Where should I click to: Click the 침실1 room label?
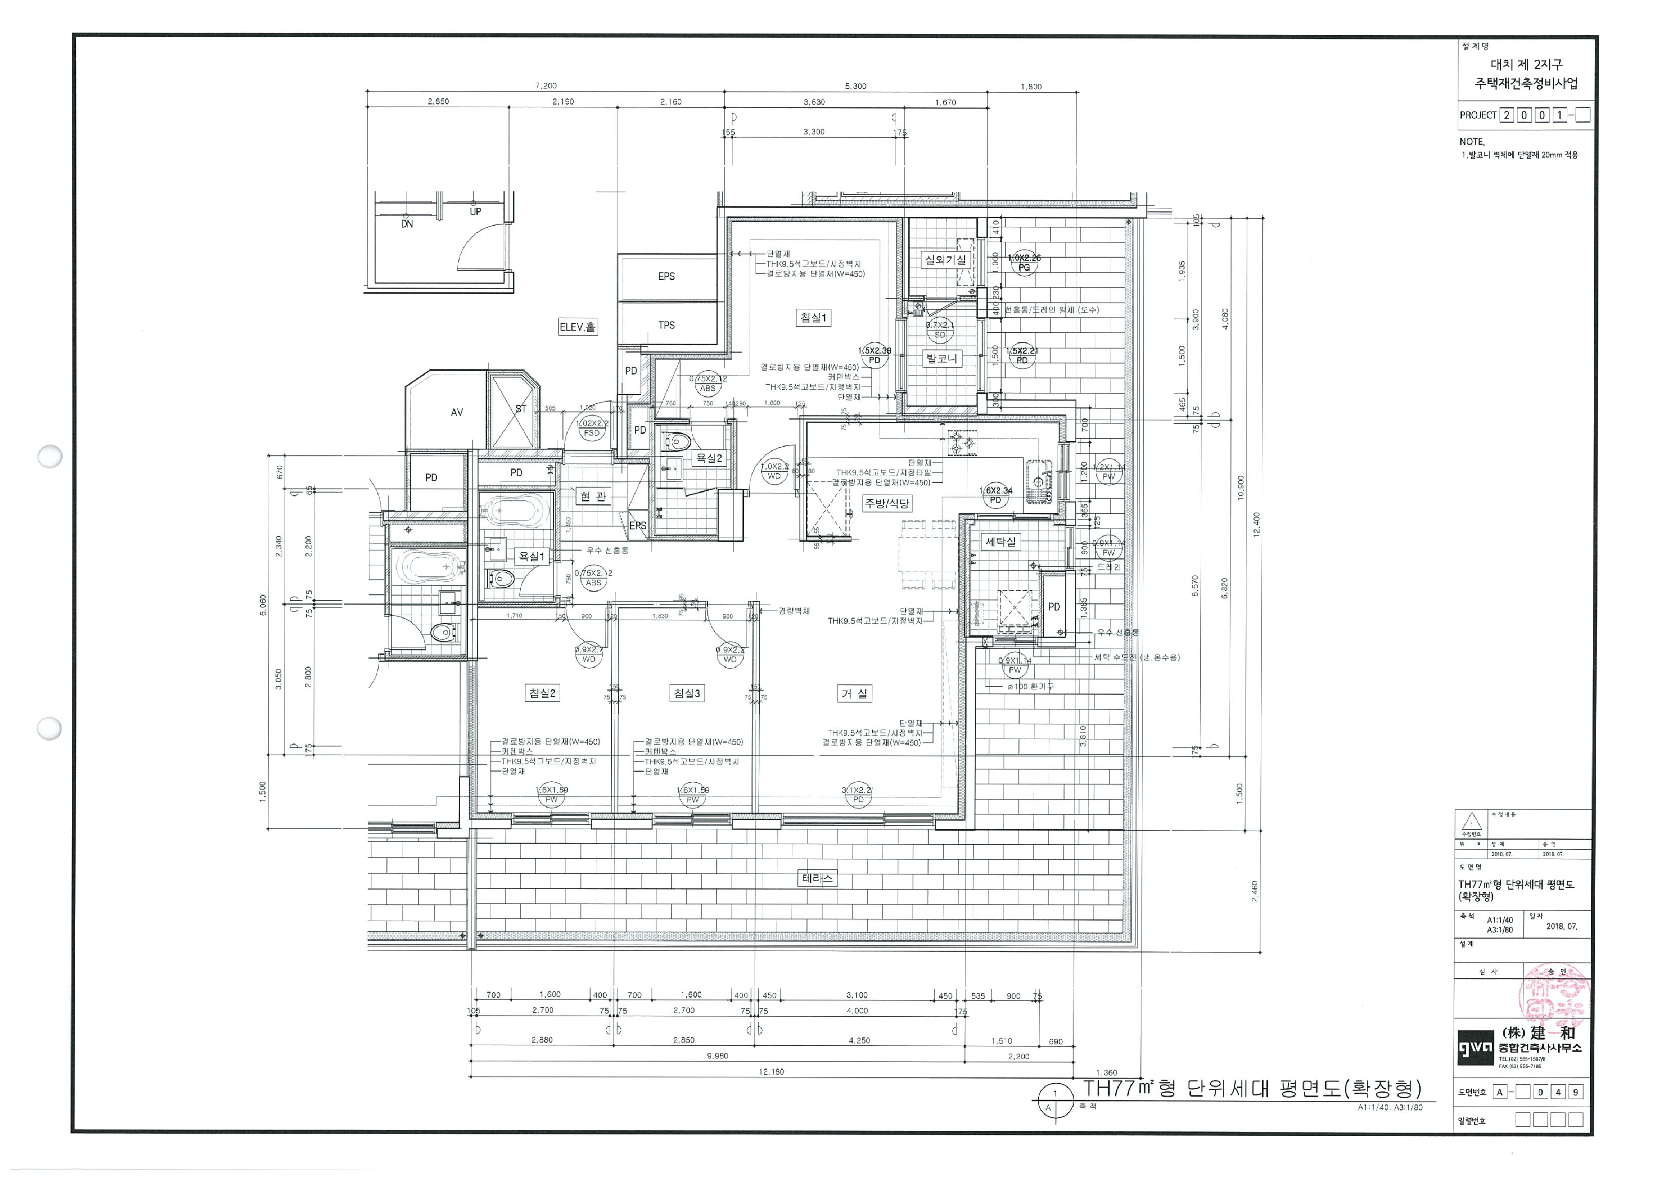tap(813, 318)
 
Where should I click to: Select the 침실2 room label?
tap(542, 693)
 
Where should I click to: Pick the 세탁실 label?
tap(1001, 542)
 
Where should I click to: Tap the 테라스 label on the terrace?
tap(818, 878)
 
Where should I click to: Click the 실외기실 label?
tap(945, 260)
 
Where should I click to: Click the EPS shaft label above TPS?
tap(666, 276)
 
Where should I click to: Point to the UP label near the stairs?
tap(475, 212)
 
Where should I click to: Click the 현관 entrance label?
tap(593, 497)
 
